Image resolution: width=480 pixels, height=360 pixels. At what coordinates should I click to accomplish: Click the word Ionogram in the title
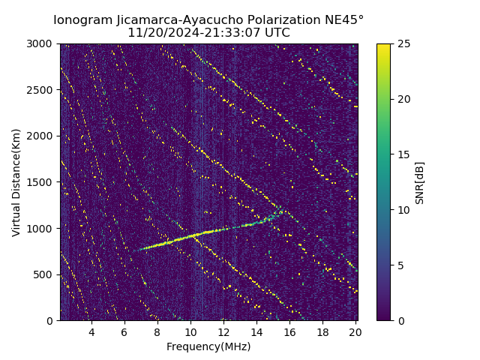[x=81, y=19]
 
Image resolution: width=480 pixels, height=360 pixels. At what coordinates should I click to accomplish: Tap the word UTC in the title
[x=275, y=33]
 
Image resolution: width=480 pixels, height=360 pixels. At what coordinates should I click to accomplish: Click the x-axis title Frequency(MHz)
[x=208, y=346]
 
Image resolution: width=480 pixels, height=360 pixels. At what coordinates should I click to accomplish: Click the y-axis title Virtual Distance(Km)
[x=16, y=182]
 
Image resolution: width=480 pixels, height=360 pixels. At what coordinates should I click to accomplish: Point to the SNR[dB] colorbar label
[x=420, y=182]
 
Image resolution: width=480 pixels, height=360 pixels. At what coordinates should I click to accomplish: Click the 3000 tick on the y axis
[x=42, y=43]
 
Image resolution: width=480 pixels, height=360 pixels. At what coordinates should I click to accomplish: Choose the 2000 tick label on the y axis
[x=42, y=136]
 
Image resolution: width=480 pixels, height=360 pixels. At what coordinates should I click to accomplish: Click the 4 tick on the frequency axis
[x=91, y=332]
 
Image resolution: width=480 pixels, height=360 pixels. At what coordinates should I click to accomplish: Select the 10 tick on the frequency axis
[x=190, y=332]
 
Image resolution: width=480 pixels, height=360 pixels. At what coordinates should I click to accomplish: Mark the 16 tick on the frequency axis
[x=289, y=332]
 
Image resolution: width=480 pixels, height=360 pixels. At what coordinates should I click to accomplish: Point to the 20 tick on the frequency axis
[x=355, y=332]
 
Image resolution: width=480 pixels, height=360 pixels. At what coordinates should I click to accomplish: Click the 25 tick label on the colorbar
[x=403, y=43]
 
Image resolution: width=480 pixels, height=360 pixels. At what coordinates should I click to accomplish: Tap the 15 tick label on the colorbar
[x=403, y=154]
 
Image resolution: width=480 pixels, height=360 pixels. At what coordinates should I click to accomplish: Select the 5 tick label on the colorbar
[x=400, y=265]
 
